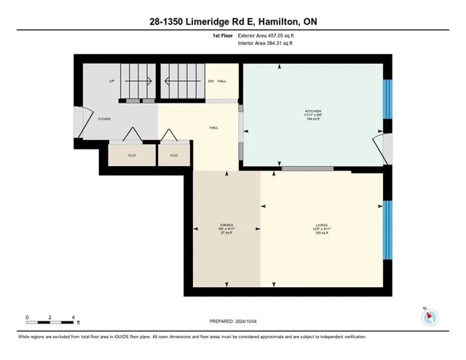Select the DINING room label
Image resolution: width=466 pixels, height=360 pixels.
click(x=226, y=226)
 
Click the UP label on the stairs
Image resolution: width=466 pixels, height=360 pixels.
click(x=111, y=81)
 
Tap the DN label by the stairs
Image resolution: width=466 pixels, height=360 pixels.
click(x=211, y=81)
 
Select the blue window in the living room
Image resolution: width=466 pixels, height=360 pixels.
click(x=387, y=226)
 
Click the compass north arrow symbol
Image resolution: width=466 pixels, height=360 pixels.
click(x=430, y=316)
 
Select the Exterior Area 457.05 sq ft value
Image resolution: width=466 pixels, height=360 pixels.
click(x=268, y=34)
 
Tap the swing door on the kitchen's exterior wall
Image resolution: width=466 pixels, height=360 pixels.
click(x=380, y=147)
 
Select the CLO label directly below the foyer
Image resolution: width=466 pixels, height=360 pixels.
click(x=131, y=155)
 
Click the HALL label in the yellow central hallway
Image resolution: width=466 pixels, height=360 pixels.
click(x=214, y=128)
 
